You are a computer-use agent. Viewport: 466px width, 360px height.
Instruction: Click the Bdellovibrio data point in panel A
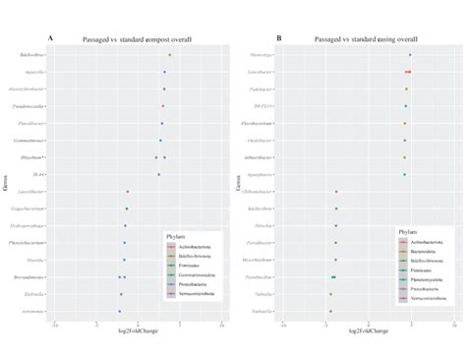click(x=169, y=55)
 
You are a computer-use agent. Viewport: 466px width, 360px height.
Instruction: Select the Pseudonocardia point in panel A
click(x=163, y=106)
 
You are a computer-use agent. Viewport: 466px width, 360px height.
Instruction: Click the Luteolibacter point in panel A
click(x=128, y=192)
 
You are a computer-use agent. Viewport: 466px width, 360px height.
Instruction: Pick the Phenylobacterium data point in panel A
click(x=125, y=243)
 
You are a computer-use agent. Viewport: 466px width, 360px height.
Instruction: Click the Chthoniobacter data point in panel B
click(x=336, y=192)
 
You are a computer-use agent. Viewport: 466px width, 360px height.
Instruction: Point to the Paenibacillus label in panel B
click(x=258, y=277)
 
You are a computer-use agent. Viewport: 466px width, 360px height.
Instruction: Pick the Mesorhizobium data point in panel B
click(x=336, y=260)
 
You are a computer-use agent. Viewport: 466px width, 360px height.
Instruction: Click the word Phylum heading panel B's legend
click(x=405, y=231)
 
